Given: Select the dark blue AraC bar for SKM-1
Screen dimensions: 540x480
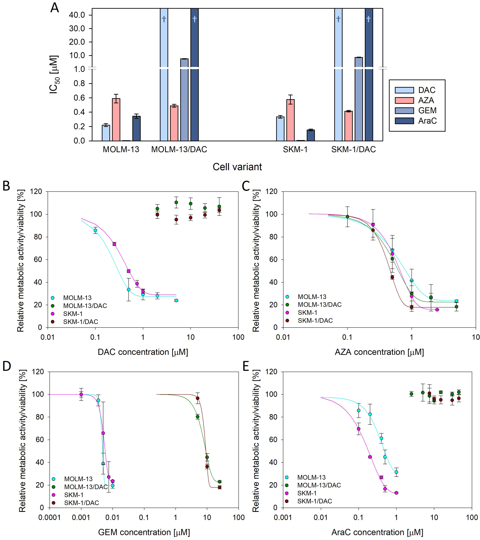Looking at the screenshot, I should coord(311,135).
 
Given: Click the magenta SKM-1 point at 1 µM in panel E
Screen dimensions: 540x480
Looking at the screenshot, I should coord(396,493).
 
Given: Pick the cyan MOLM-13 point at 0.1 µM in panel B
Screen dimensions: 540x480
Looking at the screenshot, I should coord(95,230).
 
